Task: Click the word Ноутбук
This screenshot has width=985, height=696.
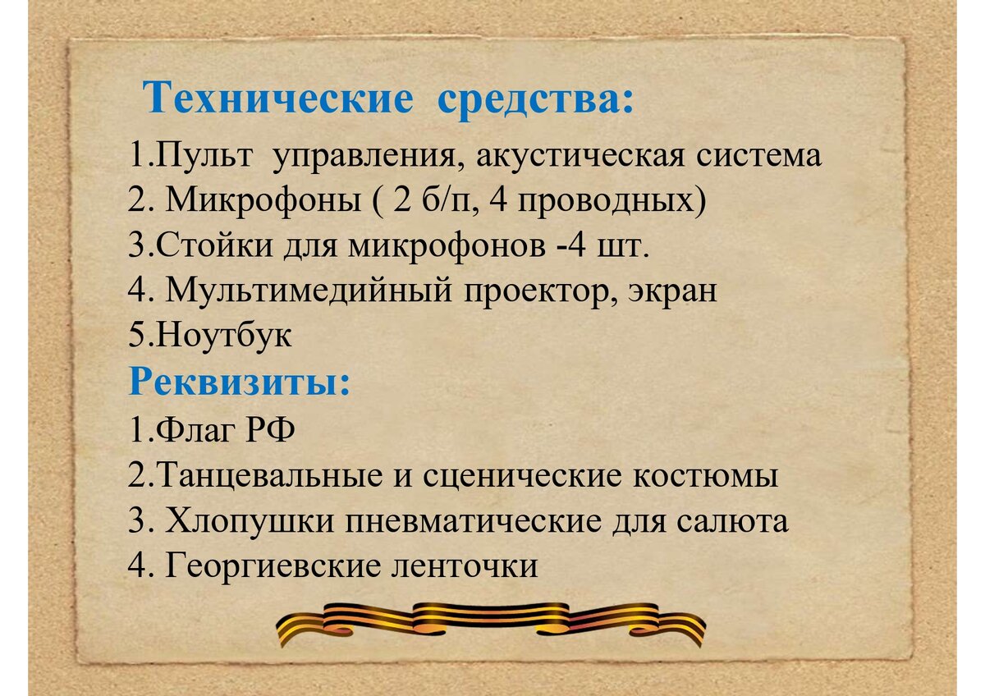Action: coord(222,337)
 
